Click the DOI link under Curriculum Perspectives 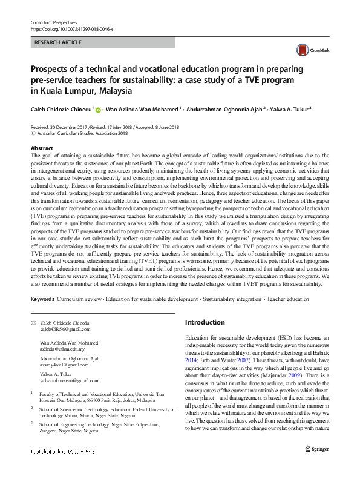71,29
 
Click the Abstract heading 42,148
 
